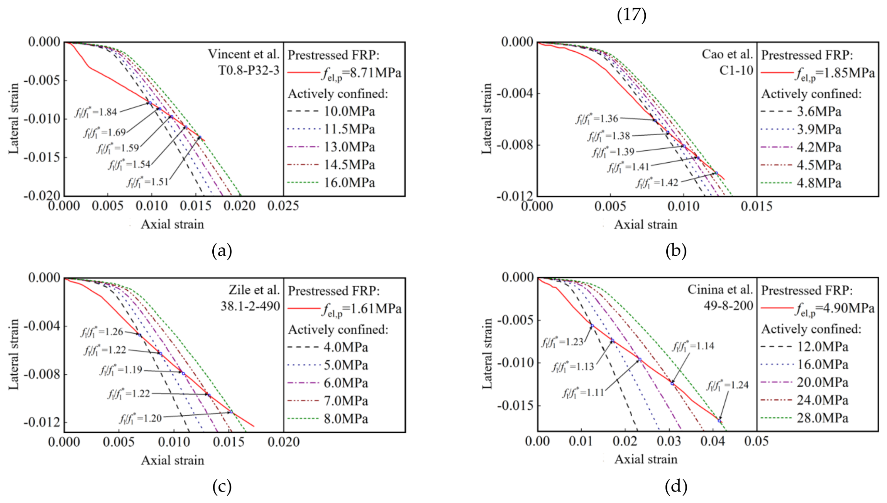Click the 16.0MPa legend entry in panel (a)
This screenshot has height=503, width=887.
(x=349, y=182)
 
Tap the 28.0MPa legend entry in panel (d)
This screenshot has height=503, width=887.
(x=823, y=418)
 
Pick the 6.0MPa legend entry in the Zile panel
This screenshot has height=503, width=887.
(x=346, y=383)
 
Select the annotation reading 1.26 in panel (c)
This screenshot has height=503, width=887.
(x=102, y=332)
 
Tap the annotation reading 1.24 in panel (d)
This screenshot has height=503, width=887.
(x=727, y=385)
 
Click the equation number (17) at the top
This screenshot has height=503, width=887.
(x=631, y=15)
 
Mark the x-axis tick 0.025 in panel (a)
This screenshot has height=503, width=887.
(x=283, y=206)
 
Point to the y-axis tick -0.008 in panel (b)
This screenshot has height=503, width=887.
(x=514, y=145)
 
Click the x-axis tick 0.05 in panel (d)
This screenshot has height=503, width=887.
(x=756, y=441)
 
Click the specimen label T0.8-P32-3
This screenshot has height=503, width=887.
(x=249, y=71)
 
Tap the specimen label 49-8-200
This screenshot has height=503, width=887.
(x=728, y=306)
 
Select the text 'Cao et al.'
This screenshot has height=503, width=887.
(x=727, y=54)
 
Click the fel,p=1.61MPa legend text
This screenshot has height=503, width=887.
(x=362, y=309)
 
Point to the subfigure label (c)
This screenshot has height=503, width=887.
(x=222, y=486)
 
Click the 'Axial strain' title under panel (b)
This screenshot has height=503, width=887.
(x=645, y=224)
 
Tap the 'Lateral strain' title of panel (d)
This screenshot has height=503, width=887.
(x=487, y=354)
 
